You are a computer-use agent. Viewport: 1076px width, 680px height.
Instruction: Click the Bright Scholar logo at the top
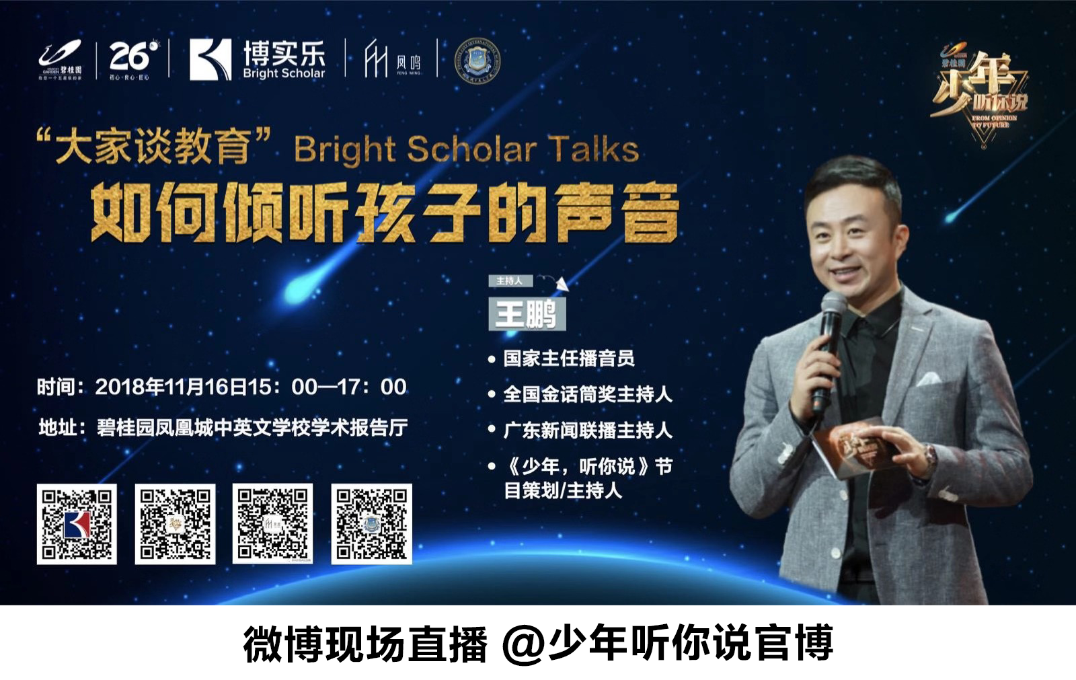point(257,59)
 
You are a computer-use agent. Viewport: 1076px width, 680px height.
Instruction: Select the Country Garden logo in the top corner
point(61,59)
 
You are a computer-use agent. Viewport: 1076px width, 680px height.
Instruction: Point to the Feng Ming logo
point(392,59)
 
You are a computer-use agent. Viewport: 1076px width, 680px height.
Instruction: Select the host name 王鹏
point(527,314)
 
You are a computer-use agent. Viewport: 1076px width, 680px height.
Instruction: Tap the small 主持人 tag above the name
point(510,280)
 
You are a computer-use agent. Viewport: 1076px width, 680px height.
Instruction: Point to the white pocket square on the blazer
point(929,379)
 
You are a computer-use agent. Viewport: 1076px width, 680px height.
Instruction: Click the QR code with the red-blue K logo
point(77,524)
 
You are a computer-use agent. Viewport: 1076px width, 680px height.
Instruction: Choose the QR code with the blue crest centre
point(371,524)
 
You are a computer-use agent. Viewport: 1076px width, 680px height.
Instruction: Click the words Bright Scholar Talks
point(466,149)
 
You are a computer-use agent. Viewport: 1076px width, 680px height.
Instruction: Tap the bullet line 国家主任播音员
point(569,358)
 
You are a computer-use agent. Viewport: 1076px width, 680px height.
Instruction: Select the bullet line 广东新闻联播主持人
point(588,430)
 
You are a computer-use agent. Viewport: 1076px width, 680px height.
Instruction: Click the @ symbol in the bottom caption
point(524,644)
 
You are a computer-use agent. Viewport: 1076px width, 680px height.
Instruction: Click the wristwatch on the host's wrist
point(930,458)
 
